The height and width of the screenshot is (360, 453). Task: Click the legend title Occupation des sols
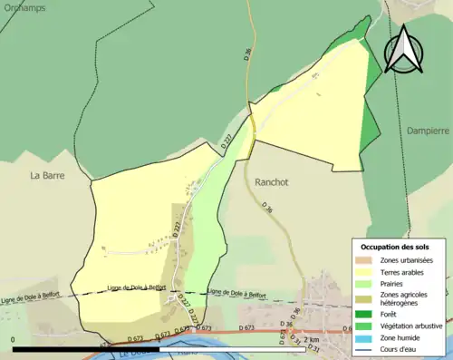tap(396, 247)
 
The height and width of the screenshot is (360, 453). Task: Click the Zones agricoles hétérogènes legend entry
tap(405, 299)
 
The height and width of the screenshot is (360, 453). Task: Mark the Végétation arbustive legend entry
tap(411, 326)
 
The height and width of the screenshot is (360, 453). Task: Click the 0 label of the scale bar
tap(14, 339)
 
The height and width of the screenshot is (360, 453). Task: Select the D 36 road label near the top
tap(246, 54)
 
